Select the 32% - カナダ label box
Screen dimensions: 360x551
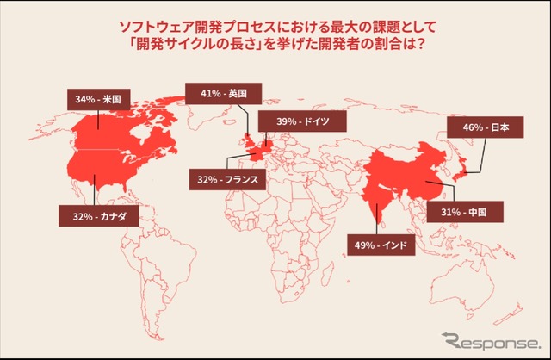coord(93,214)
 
